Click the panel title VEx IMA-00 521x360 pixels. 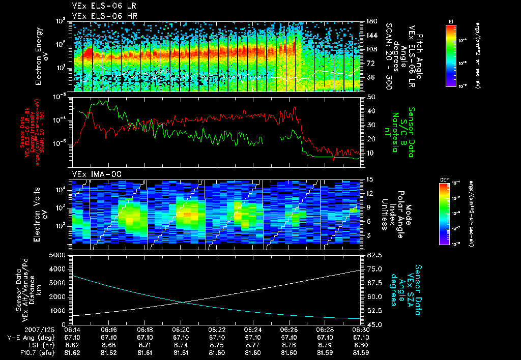coord(93,174)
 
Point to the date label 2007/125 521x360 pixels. coord(18,329)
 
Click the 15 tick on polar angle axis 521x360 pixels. coord(370,179)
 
